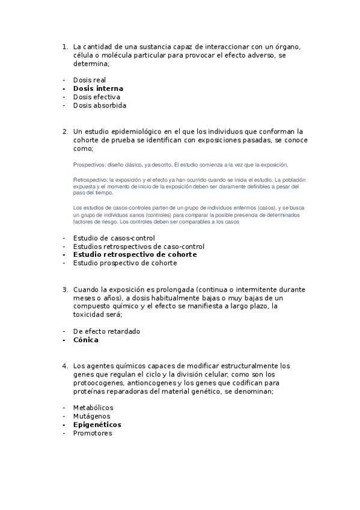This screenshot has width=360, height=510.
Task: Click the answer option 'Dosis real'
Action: pyautogui.click(x=90, y=79)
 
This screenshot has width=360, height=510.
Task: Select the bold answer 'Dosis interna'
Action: pyautogui.click(x=98, y=88)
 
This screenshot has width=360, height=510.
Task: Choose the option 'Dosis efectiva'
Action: pyautogui.click(x=97, y=97)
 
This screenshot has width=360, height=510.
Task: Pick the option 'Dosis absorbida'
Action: pyautogui.click(x=100, y=105)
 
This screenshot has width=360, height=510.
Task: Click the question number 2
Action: pyautogui.click(x=64, y=131)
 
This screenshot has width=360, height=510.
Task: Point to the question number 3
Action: pyautogui.click(x=64, y=289)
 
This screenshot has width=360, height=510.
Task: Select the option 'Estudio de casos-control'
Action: pyautogui.click(x=114, y=238)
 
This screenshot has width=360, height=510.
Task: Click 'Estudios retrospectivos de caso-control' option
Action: pyautogui.click(x=138, y=246)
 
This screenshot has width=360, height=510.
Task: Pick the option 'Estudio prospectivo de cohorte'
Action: pyautogui.click(x=125, y=263)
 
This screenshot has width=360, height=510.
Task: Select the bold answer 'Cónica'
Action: pyautogui.click(x=86, y=340)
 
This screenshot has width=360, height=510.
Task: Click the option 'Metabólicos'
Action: pyautogui.click(x=93, y=407)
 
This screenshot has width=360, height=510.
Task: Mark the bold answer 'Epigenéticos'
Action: pyautogui.click(x=97, y=425)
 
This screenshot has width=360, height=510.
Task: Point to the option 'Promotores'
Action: pyautogui.click(x=93, y=433)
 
